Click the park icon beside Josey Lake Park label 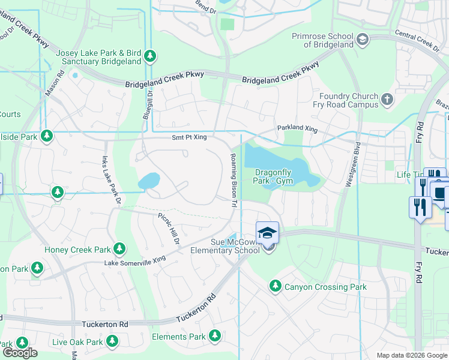pyautogui.click(x=150, y=57)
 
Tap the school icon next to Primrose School pyautogui.click(x=362, y=40)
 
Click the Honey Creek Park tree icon pyautogui.click(x=119, y=249)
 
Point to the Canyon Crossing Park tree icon pyautogui.click(x=276, y=286)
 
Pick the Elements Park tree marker pyautogui.click(x=215, y=337)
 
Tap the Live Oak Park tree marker pyautogui.click(x=112, y=341)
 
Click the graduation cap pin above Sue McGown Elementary pyautogui.click(x=267, y=233)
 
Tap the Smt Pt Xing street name pyautogui.click(x=189, y=137)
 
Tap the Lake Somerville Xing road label pyautogui.click(x=134, y=262)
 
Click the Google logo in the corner pyautogui.click(x=20, y=353)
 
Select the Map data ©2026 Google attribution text pyautogui.click(x=411, y=355)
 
